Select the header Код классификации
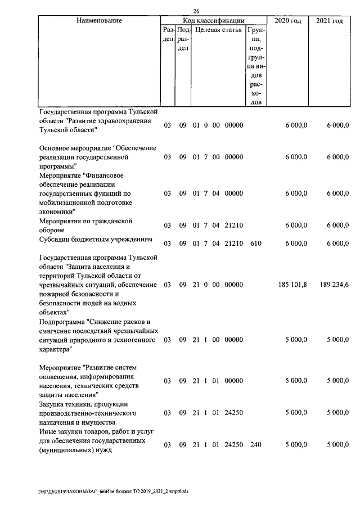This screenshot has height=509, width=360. coord(214,21)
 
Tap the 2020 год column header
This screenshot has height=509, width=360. coord(287,21)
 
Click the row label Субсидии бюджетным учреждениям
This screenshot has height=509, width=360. coord(96,240)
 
